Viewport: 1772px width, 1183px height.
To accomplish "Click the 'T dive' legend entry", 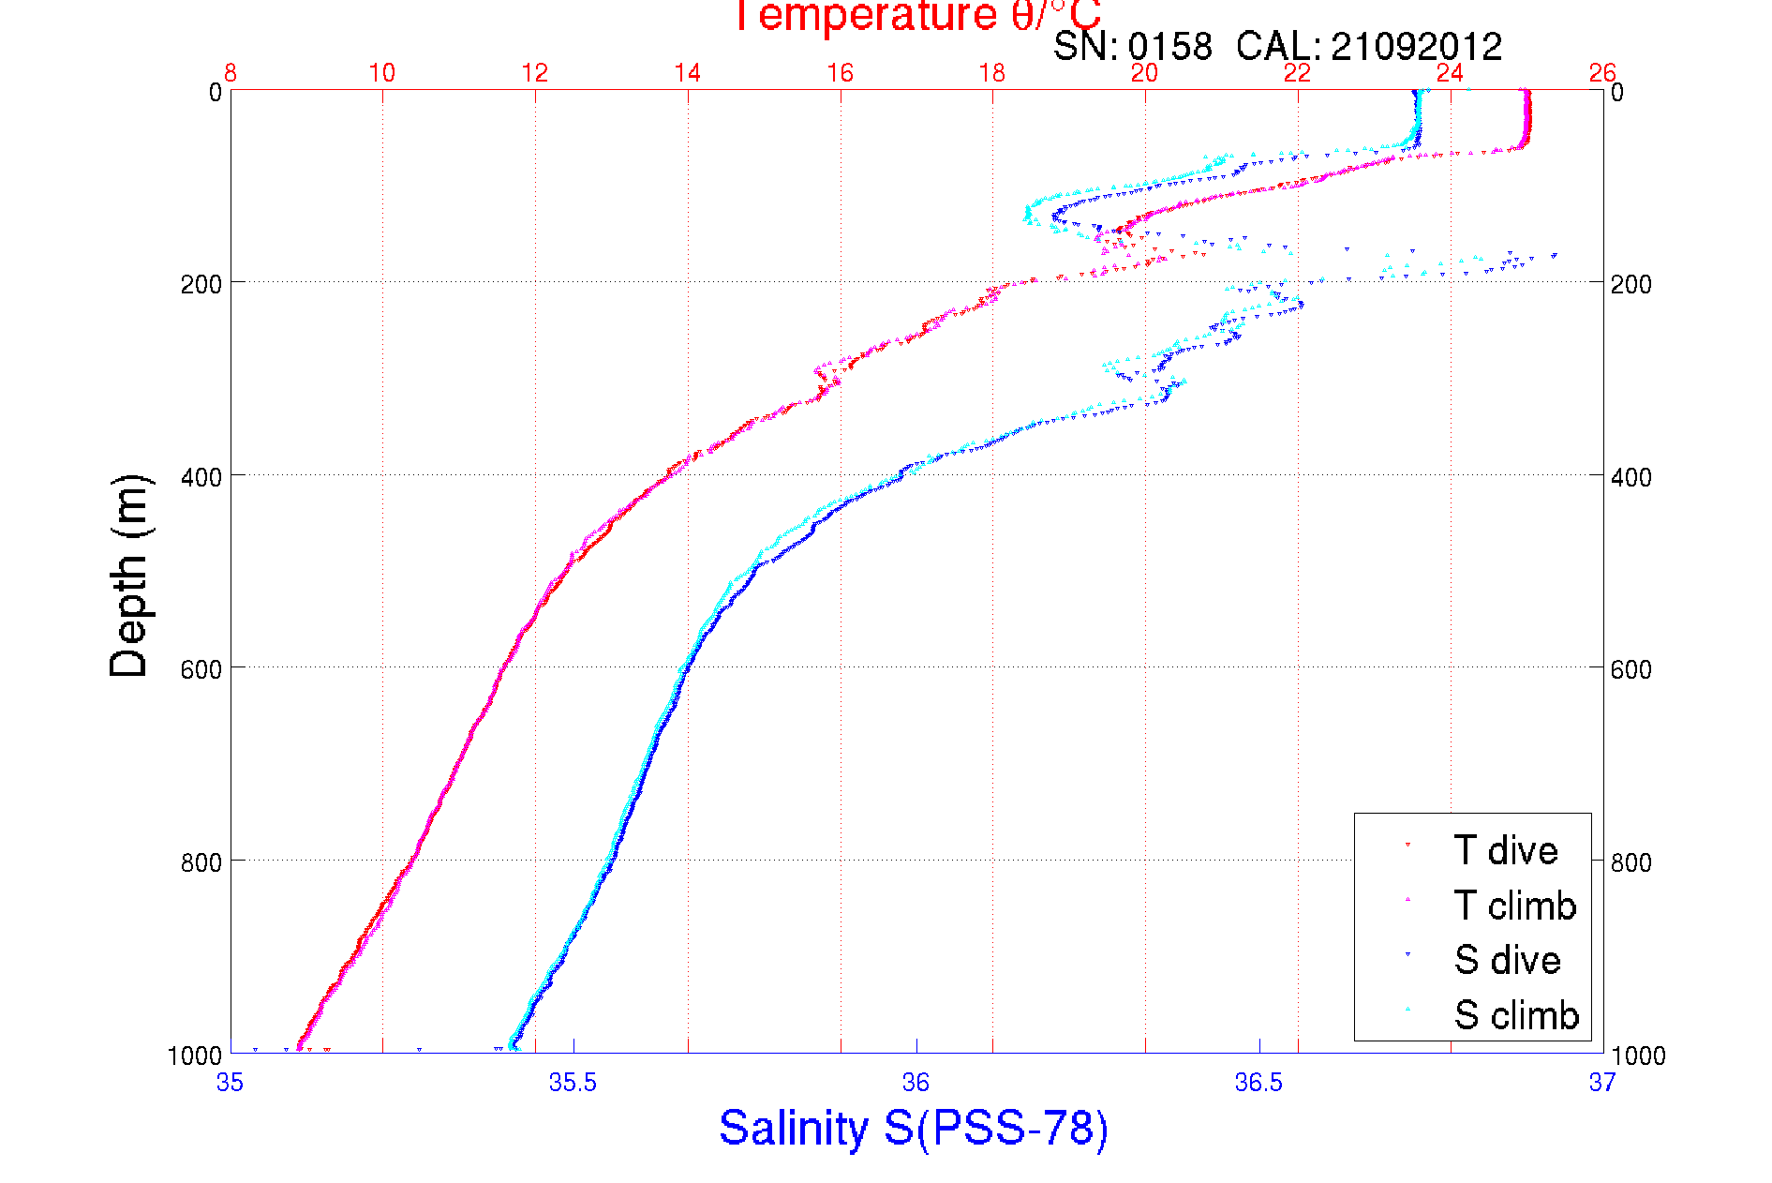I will [1505, 850].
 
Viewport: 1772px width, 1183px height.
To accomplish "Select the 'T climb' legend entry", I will [1514, 906].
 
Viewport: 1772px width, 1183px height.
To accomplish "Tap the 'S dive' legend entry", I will [1507, 960].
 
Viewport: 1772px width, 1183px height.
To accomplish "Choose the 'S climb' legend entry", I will [1516, 1015].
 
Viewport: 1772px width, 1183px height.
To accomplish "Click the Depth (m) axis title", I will [129, 576].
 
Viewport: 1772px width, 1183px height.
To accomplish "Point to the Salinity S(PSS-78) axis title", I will [914, 1128].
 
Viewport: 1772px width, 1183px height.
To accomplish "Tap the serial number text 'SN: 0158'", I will [1132, 46].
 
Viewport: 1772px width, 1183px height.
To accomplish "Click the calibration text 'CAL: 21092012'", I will [1369, 46].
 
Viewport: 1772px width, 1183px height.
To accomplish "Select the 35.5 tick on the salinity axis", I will [573, 1083].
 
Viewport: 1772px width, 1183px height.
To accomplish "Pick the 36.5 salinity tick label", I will [1258, 1083].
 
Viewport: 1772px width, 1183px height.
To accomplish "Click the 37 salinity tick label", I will [1602, 1083].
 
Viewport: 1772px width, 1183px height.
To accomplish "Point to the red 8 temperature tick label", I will [230, 73].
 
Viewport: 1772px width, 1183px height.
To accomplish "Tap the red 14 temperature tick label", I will [688, 73].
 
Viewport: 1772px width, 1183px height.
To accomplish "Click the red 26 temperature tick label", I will [1602, 73].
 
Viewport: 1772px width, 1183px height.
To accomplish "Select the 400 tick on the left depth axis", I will [201, 477].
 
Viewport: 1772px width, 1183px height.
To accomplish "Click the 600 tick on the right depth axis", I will [1631, 669].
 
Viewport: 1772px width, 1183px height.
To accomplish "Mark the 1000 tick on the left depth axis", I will [195, 1056].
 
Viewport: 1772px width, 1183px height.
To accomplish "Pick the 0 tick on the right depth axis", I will [1617, 92].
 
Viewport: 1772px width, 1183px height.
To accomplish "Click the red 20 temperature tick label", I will [1144, 73].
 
